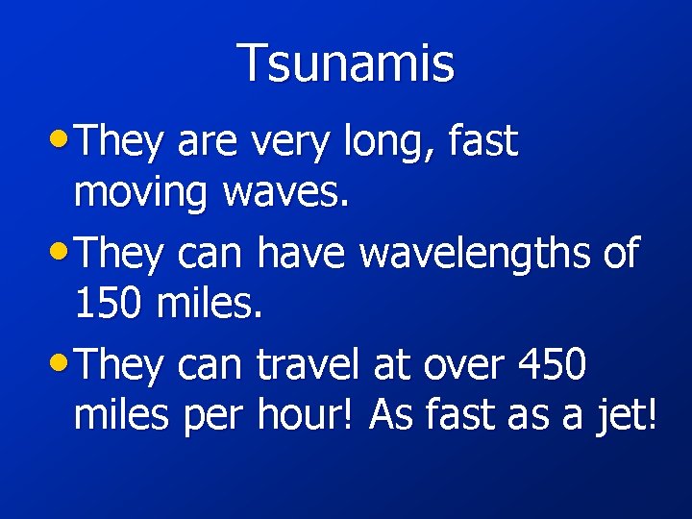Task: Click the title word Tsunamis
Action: coord(346,63)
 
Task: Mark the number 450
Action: coord(552,366)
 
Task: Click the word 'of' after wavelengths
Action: coord(618,255)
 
